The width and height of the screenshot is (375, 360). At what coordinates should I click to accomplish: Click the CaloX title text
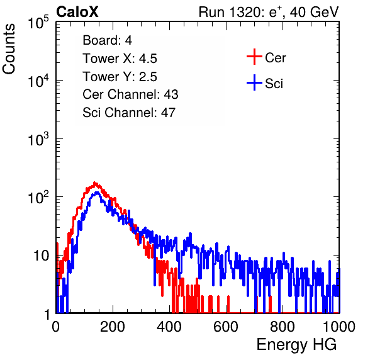[x=77, y=12]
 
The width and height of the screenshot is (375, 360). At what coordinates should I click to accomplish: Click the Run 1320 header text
[x=269, y=12]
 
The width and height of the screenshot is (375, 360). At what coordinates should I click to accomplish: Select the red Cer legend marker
[x=254, y=57]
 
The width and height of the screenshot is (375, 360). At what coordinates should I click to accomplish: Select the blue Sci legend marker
[x=254, y=82]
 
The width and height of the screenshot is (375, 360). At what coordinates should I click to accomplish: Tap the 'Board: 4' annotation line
[x=107, y=40]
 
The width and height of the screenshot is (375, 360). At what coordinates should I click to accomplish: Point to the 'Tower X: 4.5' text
[x=120, y=59]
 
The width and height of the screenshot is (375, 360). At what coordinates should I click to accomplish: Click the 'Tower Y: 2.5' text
[x=120, y=77]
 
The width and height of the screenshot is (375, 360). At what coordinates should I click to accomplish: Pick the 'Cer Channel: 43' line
[x=130, y=94]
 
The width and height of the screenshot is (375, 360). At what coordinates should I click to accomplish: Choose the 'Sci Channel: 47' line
[x=129, y=113]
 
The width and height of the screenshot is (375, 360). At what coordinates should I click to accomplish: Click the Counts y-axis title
[x=9, y=49]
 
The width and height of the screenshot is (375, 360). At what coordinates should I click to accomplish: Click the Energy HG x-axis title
[x=296, y=345]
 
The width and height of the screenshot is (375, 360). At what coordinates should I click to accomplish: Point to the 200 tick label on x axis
[x=113, y=327]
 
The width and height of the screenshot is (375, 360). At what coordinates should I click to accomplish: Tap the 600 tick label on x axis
[x=226, y=327]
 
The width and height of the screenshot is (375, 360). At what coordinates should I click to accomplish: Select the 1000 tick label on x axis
[x=339, y=327]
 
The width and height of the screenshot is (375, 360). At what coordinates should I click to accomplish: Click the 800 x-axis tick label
[x=283, y=327]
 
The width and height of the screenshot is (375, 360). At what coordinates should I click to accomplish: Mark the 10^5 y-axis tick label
[x=38, y=23]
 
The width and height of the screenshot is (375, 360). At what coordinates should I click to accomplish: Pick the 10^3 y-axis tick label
[x=38, y=139]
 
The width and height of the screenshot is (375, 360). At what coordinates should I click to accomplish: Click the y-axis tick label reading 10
[x=42, y=256]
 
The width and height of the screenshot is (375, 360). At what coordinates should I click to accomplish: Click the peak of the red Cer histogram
[x=95, y=183]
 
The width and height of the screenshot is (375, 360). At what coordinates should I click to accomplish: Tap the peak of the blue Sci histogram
[x=97, y=192]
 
